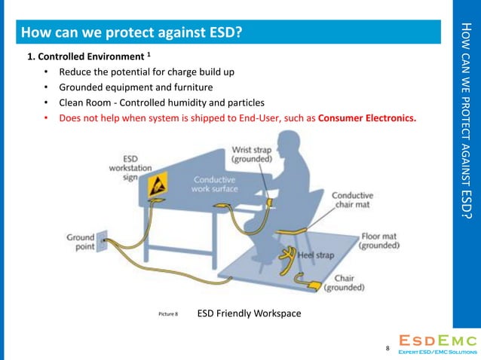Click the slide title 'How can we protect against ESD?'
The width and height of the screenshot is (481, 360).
[x=131, y=32]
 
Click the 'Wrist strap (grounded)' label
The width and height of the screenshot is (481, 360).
[x=252, y=154]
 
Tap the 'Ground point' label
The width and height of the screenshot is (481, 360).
[x=81, y=243]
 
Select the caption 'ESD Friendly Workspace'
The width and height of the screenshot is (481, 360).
[x=249, y=313]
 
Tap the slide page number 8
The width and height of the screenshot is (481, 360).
[x=388, y=349]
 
